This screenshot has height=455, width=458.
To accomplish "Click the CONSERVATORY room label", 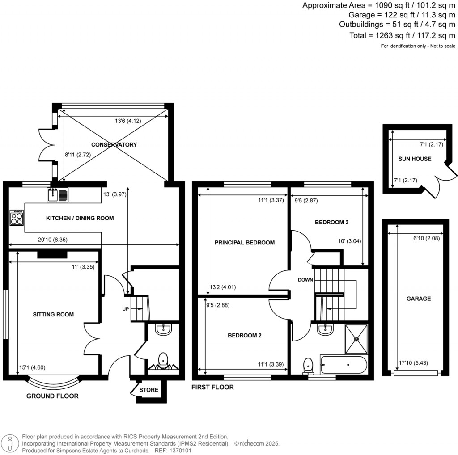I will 114,145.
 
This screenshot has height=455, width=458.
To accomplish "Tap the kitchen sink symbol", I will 57,194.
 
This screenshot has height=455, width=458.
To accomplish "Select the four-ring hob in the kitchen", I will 17,218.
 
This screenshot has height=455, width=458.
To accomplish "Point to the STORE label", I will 149,390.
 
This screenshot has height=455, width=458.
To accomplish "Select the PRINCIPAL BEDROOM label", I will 244,243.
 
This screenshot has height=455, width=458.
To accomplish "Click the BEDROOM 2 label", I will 244,336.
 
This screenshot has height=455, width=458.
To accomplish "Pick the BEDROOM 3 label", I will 331,222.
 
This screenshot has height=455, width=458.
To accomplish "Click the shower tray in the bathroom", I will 356,339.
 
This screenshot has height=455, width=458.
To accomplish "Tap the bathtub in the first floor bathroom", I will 343,365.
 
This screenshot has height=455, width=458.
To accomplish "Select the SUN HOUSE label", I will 415,159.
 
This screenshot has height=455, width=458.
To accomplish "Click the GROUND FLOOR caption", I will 52,396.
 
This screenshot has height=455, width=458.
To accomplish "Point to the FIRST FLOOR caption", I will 212,387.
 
